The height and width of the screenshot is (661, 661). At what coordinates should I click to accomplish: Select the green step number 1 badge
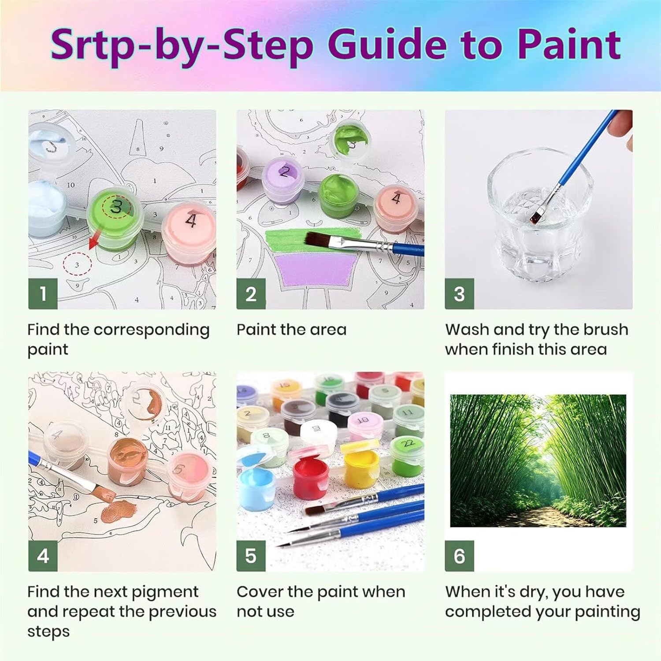(x=43, y=293)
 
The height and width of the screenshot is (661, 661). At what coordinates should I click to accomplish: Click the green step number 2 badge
(x=251, y=293)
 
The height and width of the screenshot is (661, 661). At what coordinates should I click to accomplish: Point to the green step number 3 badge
(x=459, y=293)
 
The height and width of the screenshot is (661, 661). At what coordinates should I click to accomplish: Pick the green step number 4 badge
(x=43, y=556)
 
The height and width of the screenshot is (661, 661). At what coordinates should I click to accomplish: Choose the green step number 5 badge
(x=251, y=556)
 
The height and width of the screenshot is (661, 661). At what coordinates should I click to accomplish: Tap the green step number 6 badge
(x=459, y=556)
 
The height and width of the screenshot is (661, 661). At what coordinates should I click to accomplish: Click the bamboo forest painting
(x=538, y=460)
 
